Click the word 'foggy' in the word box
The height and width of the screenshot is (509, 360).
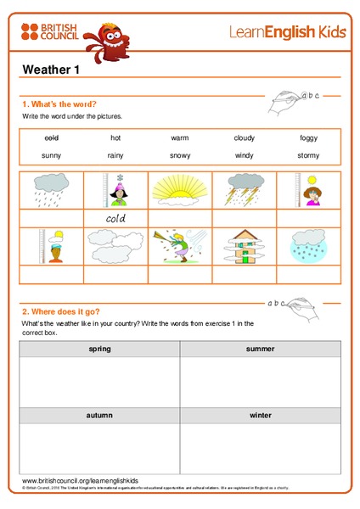pyautogui.click(x=308, y=138)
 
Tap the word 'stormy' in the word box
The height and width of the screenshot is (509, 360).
pyautogui.click(x=308, y=156)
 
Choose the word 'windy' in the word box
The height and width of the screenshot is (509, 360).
pyautogui.click(x=244, y=156)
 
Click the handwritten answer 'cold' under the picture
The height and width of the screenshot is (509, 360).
pyautogui.click(x=115, y=218)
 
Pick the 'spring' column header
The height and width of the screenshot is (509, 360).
pyautogui.click(x=99, y=350)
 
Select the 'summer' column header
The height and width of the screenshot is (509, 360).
pyautogui.click(x=260, y=350)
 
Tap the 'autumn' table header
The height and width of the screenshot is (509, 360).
pyautogui.click(x=99, y=416)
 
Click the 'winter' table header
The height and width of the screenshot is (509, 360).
pyautogui.click(x=260, y=416)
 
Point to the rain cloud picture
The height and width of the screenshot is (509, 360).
pyautogui.click(x=51, y=190)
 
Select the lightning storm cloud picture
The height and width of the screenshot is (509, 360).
pyautogui.click(x=244, y=190)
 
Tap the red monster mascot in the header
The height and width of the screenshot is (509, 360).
pyautogui.click(x=110, y=39)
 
